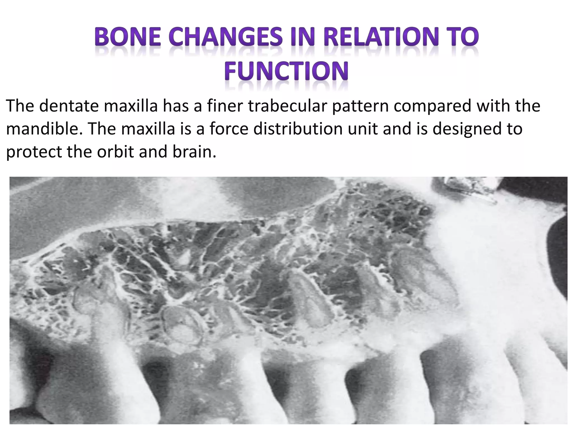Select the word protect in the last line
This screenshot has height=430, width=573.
(33, 152)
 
